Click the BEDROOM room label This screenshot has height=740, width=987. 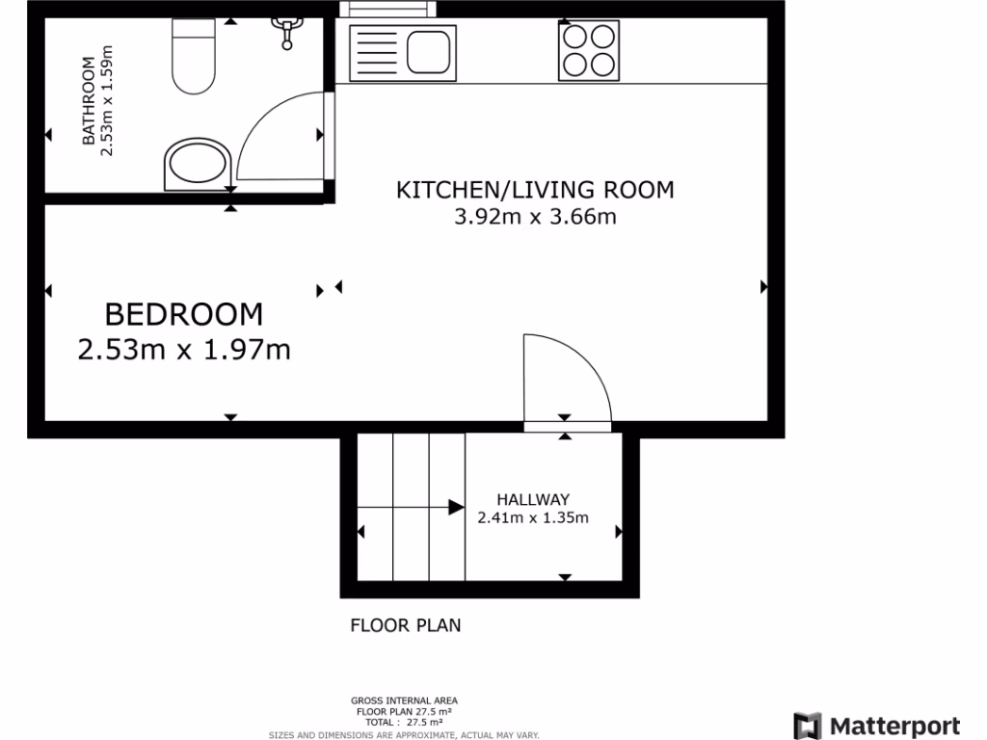coord(183,314)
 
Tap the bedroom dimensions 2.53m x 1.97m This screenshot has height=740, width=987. coord(183,349)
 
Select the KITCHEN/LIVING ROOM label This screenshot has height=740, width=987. coord(535,190)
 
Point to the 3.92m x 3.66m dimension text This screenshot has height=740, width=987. coord(535,217)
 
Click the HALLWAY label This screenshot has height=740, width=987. coord(533,499)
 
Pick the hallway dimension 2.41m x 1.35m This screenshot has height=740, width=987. coord(533,517)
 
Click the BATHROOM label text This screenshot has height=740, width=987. coord(89,101)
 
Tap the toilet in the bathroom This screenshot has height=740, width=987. coord(193,58)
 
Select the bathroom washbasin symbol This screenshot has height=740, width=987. coord(199,165)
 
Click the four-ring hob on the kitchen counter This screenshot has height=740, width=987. coord(588,51)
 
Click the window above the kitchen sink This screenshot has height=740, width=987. coord(387,9)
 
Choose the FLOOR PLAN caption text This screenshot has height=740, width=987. coord(405,625)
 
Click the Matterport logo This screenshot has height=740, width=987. coord(876,726)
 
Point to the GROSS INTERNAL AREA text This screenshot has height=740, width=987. coord(404,700)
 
